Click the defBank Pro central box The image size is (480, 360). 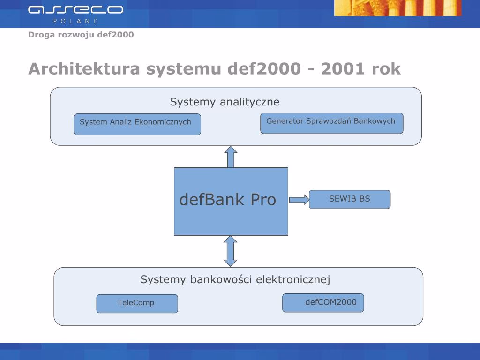pos(231,201)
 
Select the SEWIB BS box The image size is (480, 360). pos(350,199)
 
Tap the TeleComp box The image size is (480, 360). pos(137,303)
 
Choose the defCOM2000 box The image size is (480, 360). pos(323,302)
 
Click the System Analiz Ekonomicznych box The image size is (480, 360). pos(137,124)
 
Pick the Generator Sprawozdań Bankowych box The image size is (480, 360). pos(331,123)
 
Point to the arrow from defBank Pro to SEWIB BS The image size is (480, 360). pos(299,200)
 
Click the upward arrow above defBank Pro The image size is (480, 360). pos(231,157)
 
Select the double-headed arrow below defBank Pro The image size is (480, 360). pos(231,251)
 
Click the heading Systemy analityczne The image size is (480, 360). pos(225,102)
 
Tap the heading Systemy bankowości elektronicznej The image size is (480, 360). pos(235,279)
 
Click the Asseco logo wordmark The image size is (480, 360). pos(75,9)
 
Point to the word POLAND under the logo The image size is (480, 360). pos(75,21)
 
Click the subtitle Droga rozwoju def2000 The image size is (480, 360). pos(81,35)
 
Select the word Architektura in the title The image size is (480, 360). pos(84,69)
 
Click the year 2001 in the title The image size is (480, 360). pos(344,69)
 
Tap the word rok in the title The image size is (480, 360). pos(386,69)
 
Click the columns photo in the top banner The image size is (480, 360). pos(397,7)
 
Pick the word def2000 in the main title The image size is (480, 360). pos(264,69)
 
